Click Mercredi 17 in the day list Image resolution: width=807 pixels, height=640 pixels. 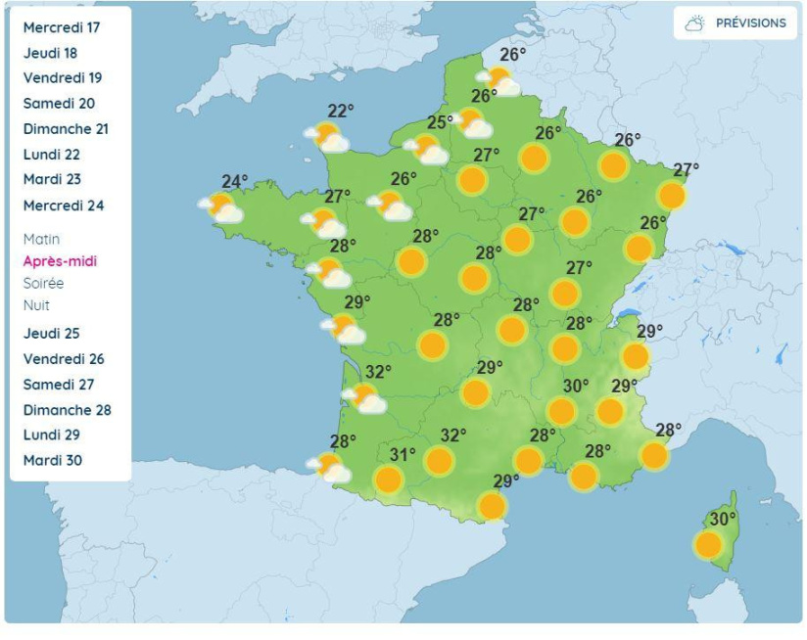pyautogui.click(x=62, y=27)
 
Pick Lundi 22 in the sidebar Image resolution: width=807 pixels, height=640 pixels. pyautogui.click(x=52, y=155)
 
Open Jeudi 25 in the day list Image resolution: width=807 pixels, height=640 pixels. pyautogui.click(x=52, y=334)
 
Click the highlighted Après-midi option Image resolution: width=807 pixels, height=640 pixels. pyautogui.click(x=60, y=261)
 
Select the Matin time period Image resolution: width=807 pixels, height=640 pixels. pyautogui.click(x=41, y=239)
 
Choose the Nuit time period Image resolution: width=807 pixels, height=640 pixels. pyautogui.click(x=36, y=305)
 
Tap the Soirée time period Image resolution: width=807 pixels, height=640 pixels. pyautogui.click(x=43, y=283)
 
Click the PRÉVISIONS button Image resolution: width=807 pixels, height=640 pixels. pyautogui.click(x=736, y=23)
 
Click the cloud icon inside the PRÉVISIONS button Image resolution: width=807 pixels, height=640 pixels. pyautogui.click(x=695, y=23)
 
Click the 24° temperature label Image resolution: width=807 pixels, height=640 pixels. pyautogui.click(x=234, y=181)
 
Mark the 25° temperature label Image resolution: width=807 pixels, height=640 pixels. pyautogui.click(x=439, y=123)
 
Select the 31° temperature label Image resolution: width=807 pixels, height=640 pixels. pyautogui.click(x=403, y=454)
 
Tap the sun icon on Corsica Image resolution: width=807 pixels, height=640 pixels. pyautogui.click(x=708, y=543)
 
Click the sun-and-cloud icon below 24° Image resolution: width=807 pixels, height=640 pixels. pyautogui.click(x=221, y=207)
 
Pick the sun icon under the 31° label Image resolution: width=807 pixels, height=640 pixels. pyautogui.click(x=389, y=480)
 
